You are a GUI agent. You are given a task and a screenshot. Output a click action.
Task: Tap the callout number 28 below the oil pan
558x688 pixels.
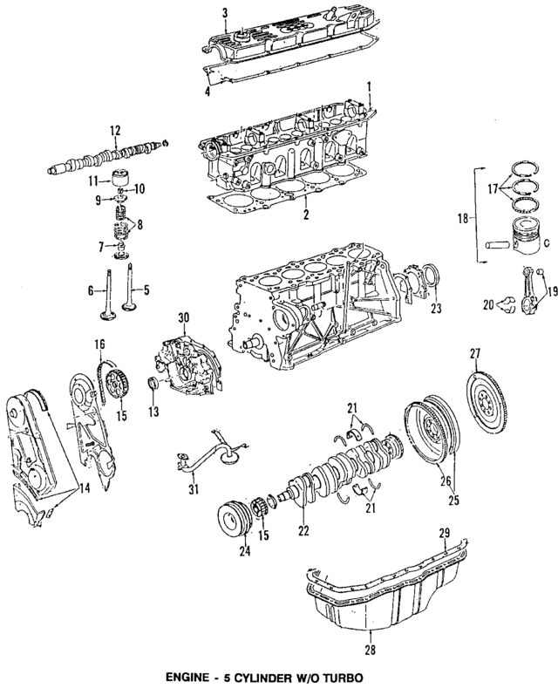pyautogui.click(x=370, y=649)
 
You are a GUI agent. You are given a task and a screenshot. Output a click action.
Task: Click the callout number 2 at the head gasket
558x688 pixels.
pyautogui.click(x=306, y=213)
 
